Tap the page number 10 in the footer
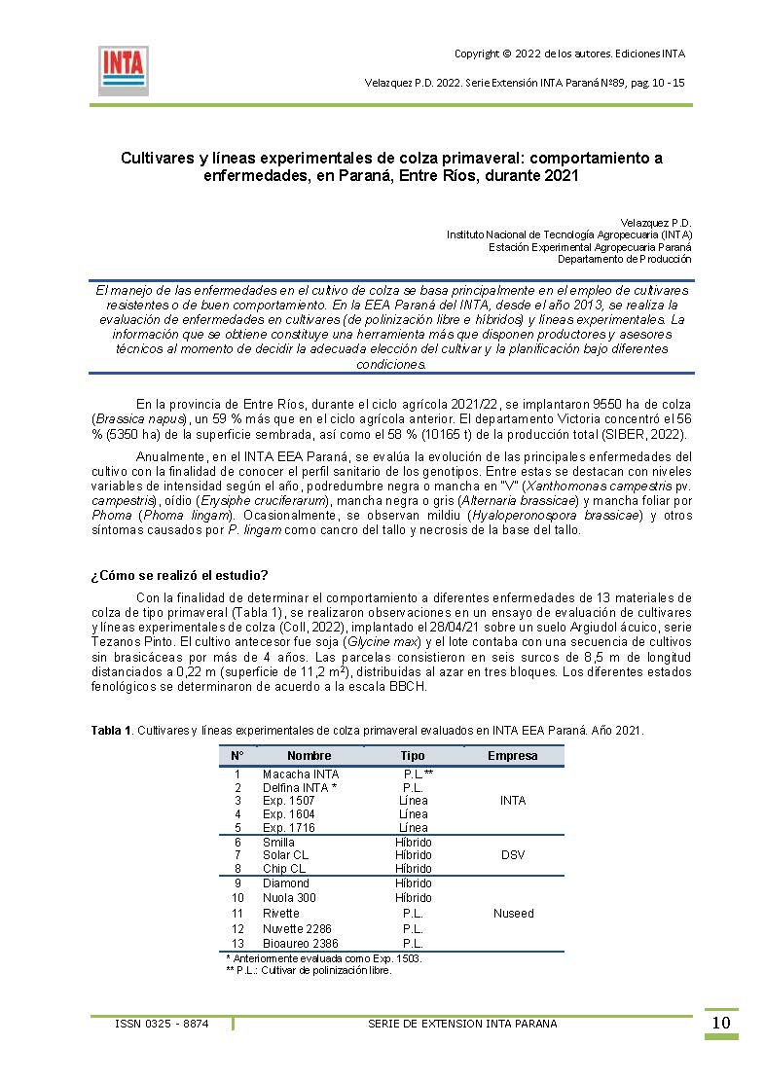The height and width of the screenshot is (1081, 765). click(x=721, y=1023)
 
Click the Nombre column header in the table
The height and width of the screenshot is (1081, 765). click(x=310, y=755)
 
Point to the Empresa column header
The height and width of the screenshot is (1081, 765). click(x=513, y=755)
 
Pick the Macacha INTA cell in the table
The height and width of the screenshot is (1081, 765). click(x=301, y=774)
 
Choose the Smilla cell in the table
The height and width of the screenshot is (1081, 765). click(x=278, y=842)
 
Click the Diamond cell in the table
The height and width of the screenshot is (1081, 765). click(x=286, y=883)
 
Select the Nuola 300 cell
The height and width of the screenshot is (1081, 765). click(x=290, y=898)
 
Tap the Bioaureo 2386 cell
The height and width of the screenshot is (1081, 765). click(x=301, y=944)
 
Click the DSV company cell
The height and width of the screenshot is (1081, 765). click(x=513, y=855)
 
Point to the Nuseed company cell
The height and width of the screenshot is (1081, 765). click(x=513, y=914)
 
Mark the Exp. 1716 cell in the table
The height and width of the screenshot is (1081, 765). click(x=289, y=828)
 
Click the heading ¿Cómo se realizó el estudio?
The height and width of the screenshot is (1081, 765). click(x=179, y=574)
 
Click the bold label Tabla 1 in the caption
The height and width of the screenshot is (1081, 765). click(x=111, y=730)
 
